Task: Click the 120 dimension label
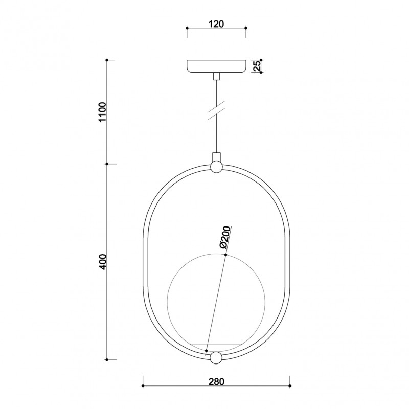216,24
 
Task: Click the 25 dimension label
258,66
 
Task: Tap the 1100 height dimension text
102,112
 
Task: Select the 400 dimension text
102,261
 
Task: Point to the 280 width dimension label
216,381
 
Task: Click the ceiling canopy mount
216,66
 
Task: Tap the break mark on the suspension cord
217,111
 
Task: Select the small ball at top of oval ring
216,167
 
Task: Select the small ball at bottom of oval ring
216,358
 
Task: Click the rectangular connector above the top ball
216,156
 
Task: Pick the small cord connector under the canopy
216,76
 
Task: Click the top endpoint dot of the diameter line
226,255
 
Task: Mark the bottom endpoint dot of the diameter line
206,351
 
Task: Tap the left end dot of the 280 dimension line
143,385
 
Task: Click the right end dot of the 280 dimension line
290,385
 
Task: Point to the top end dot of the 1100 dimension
107,60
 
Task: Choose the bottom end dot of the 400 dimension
107,358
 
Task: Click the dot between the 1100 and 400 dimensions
107,164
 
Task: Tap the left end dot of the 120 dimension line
187,28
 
